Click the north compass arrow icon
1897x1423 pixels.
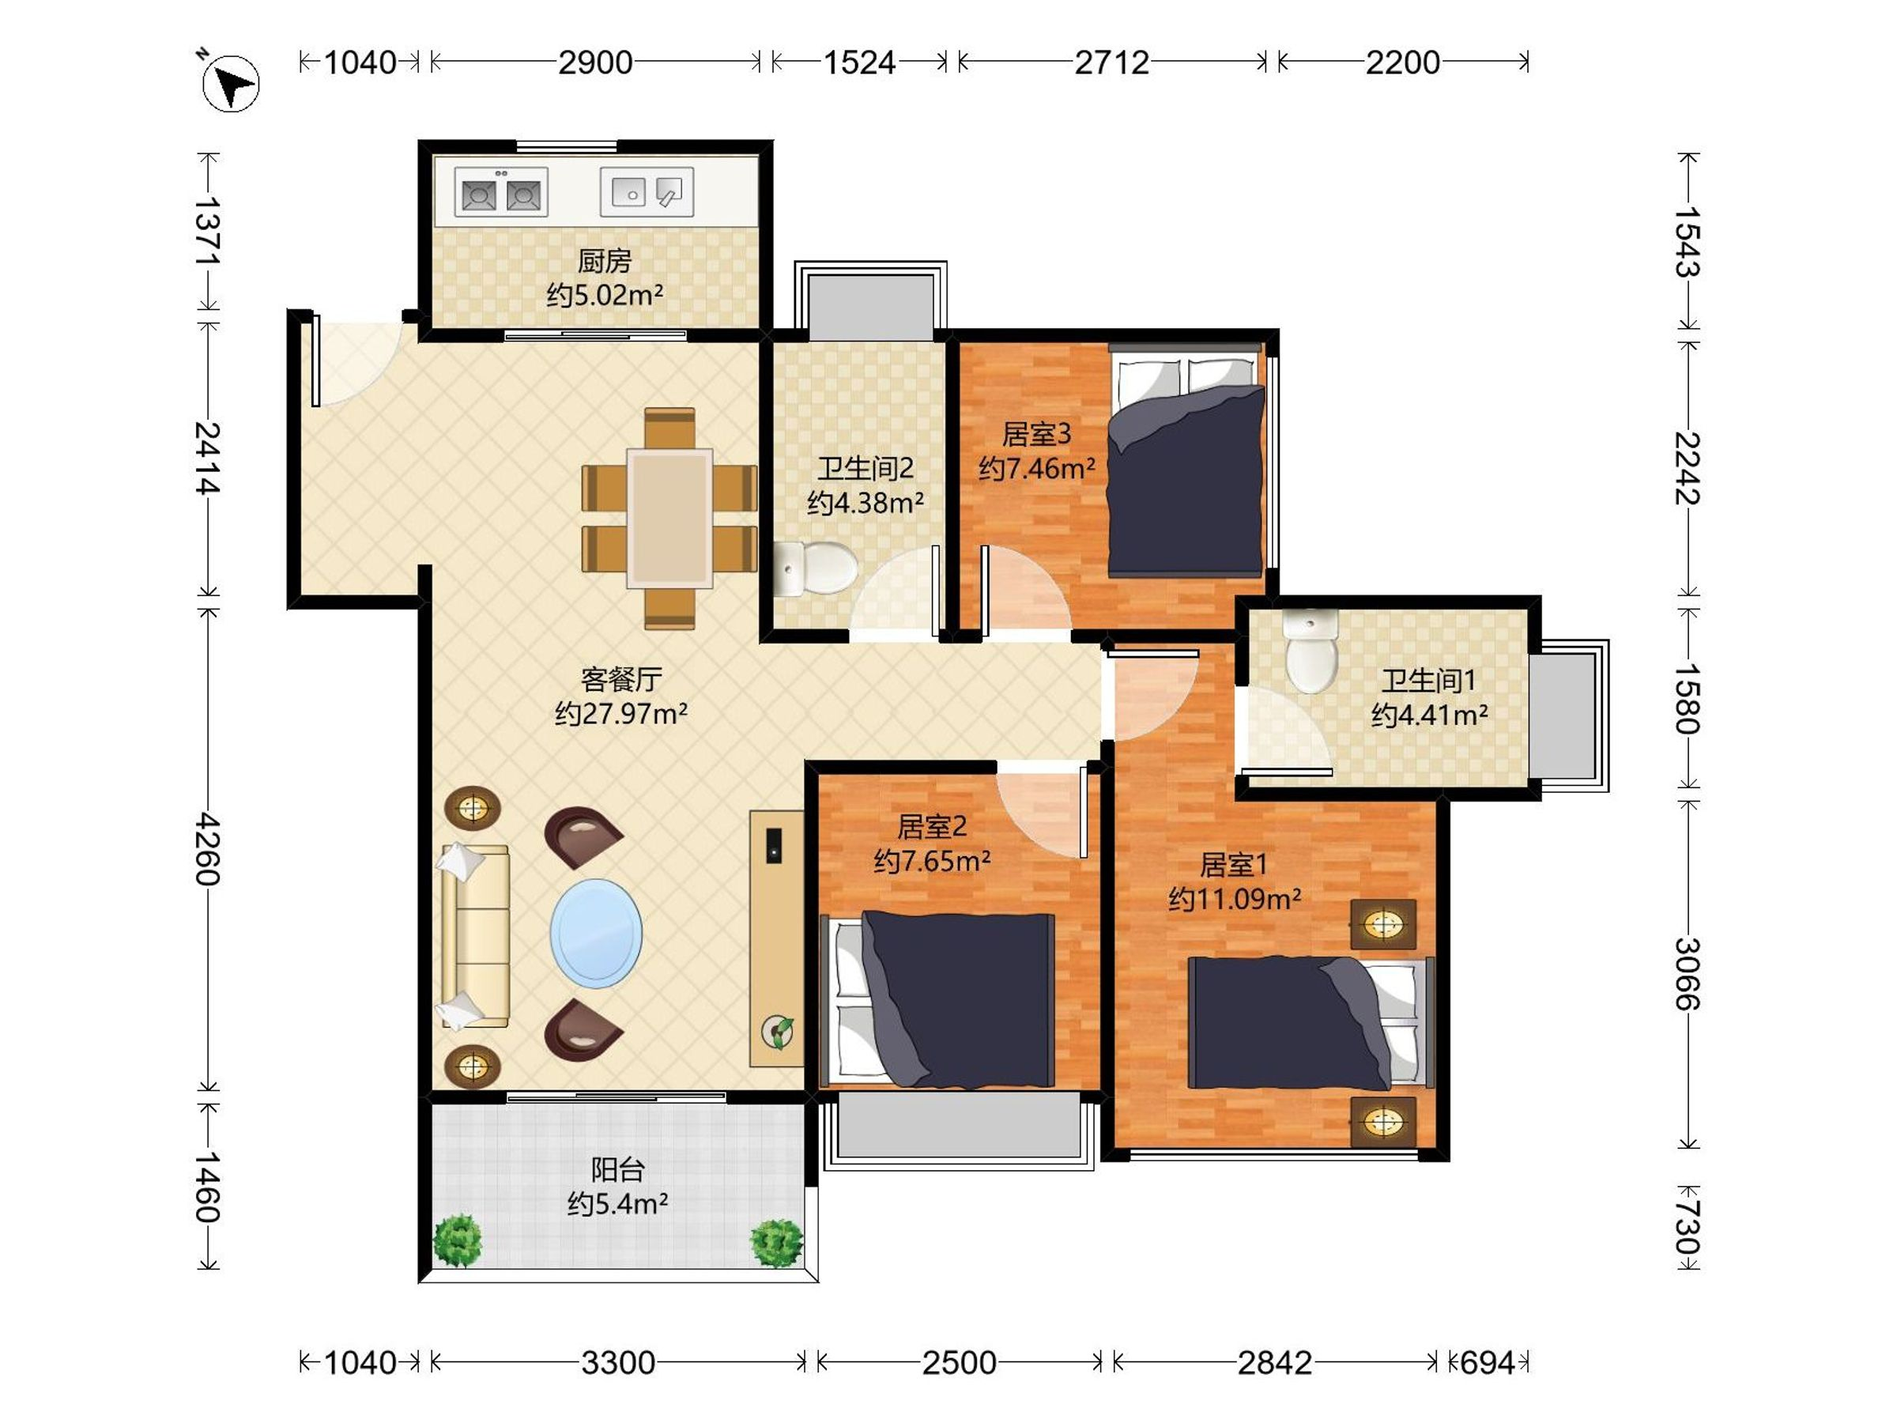[230, 82]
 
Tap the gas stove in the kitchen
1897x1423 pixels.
[501, 192]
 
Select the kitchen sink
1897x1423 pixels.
[647, 191]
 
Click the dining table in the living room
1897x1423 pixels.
[669, 518]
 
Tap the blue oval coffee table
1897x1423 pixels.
[596, 933]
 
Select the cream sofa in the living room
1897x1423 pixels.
[474, 936]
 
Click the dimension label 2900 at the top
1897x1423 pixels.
[595, 62]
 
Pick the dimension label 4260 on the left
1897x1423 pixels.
[209, 849]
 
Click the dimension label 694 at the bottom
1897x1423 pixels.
[1487, 1363]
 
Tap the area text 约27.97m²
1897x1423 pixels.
[621, 714]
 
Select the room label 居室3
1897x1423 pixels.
[1037, 434]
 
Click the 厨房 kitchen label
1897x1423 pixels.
[605, 260]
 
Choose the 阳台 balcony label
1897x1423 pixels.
[617, 1169]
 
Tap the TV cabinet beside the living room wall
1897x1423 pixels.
[776, 938]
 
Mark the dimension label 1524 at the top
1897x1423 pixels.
[859, 62]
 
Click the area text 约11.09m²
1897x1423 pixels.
[1235, 899]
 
